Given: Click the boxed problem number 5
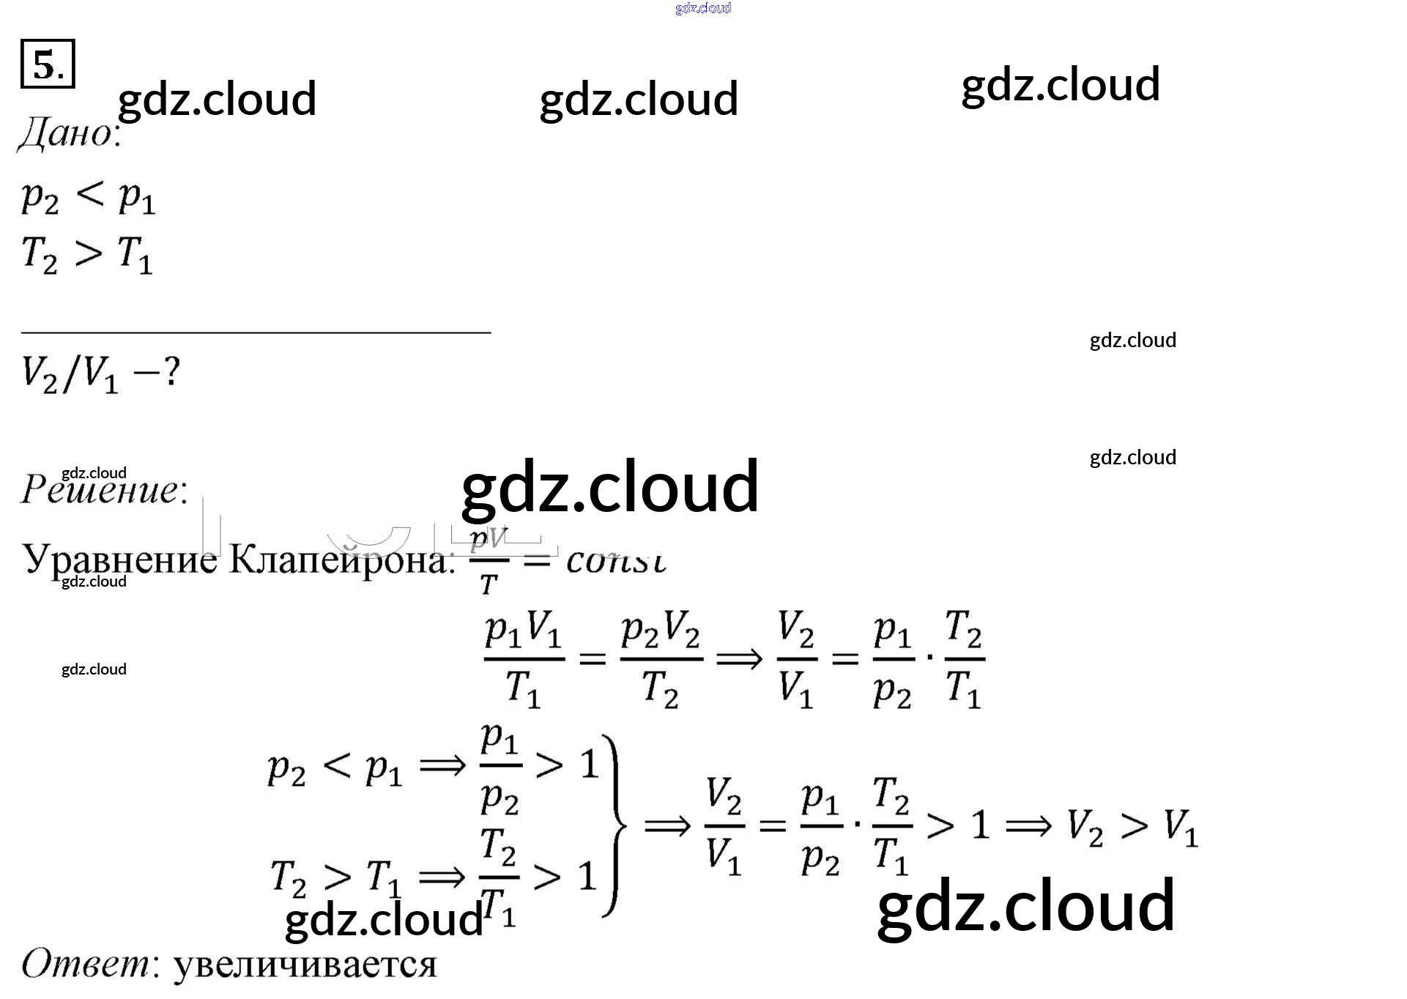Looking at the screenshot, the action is click(48, 64).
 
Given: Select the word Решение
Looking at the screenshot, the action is click(103, 489).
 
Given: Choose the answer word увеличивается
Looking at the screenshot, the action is click(305, 965).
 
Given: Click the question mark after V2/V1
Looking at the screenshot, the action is click(171, 373).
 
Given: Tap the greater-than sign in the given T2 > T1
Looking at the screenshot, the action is click(88, 253).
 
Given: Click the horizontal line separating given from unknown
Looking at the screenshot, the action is click(256, 333).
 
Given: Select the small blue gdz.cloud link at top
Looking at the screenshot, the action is click(703, 8).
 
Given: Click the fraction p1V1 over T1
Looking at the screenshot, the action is click(524, 659).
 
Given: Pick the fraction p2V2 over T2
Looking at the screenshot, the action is click(661, 659).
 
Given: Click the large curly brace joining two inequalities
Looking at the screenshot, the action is click(616, 825).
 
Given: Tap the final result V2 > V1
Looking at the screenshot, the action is click(1132, 827).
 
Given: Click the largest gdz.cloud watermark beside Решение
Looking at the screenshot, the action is click(610, 486).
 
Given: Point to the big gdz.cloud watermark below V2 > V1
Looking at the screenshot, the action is click(1025, 907).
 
